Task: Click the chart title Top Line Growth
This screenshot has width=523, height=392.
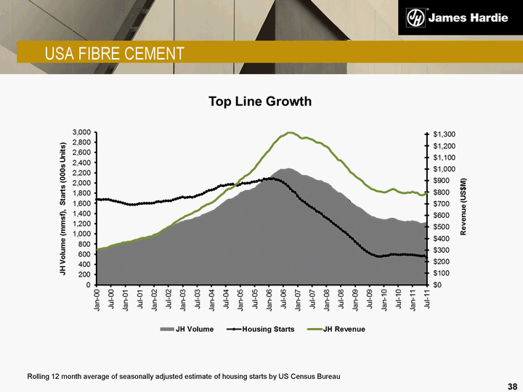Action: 260,102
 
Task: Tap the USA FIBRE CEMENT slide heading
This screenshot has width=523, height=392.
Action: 114,53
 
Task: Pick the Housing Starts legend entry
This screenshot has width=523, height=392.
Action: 260,330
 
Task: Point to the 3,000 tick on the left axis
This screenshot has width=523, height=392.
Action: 81,132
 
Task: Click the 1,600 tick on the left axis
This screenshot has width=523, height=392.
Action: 81,203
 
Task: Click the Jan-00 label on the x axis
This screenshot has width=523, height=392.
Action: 97,299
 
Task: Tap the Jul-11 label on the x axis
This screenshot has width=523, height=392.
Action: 427,298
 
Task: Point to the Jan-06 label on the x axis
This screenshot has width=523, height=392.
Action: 269,299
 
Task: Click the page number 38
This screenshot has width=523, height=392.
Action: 512,385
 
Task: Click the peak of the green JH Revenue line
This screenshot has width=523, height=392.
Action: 290,133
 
